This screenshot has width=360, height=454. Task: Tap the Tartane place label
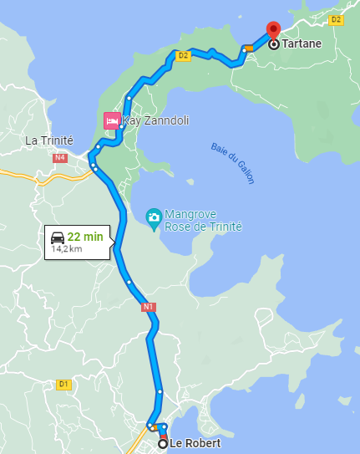302,43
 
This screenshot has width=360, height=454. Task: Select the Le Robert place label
195,444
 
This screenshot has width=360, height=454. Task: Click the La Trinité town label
49,140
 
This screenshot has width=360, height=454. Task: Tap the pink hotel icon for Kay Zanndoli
111,120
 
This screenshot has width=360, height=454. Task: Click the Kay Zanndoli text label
155,120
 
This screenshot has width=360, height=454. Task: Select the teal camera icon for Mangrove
154,218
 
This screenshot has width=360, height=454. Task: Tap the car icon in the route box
58,237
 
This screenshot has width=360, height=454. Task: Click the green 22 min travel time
85,237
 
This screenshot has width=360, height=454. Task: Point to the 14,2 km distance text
67,248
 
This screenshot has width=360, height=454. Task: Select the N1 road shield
149,307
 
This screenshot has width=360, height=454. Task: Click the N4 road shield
59,157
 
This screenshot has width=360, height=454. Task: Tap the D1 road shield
63,385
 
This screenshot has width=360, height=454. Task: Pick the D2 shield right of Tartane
337,19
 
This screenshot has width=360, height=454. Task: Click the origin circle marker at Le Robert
163,444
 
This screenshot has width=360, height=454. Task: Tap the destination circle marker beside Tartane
273,44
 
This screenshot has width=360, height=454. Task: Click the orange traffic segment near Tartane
249,48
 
